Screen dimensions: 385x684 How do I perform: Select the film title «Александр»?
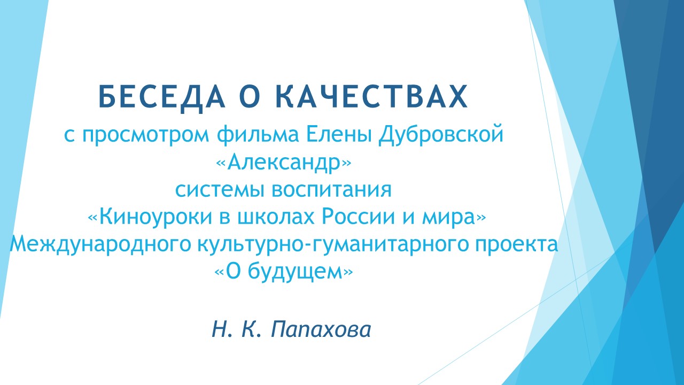point(284,163)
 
